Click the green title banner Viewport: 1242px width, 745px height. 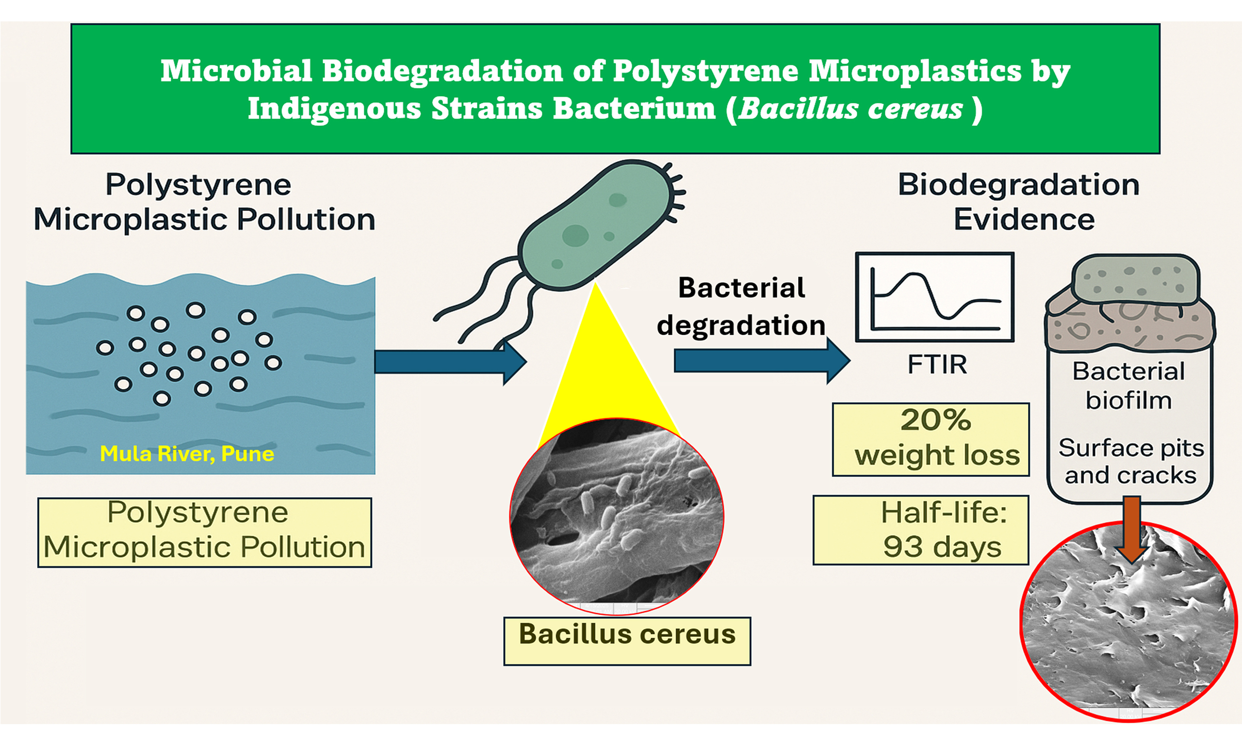pos(615,88)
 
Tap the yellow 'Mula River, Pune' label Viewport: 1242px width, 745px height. pos(187,454)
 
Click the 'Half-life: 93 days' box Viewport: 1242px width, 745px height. pos(921,530)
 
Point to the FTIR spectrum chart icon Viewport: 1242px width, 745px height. pos(934,297)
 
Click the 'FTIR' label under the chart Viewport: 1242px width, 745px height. pos(937,364)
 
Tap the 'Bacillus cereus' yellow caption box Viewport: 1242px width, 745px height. pos(627,641)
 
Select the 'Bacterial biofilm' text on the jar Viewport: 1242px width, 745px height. pos(1128,386)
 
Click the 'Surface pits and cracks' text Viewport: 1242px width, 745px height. pos(1130,461)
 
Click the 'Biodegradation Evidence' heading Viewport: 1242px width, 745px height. pos(1019,202)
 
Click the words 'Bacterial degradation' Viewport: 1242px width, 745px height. pos(741,306)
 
